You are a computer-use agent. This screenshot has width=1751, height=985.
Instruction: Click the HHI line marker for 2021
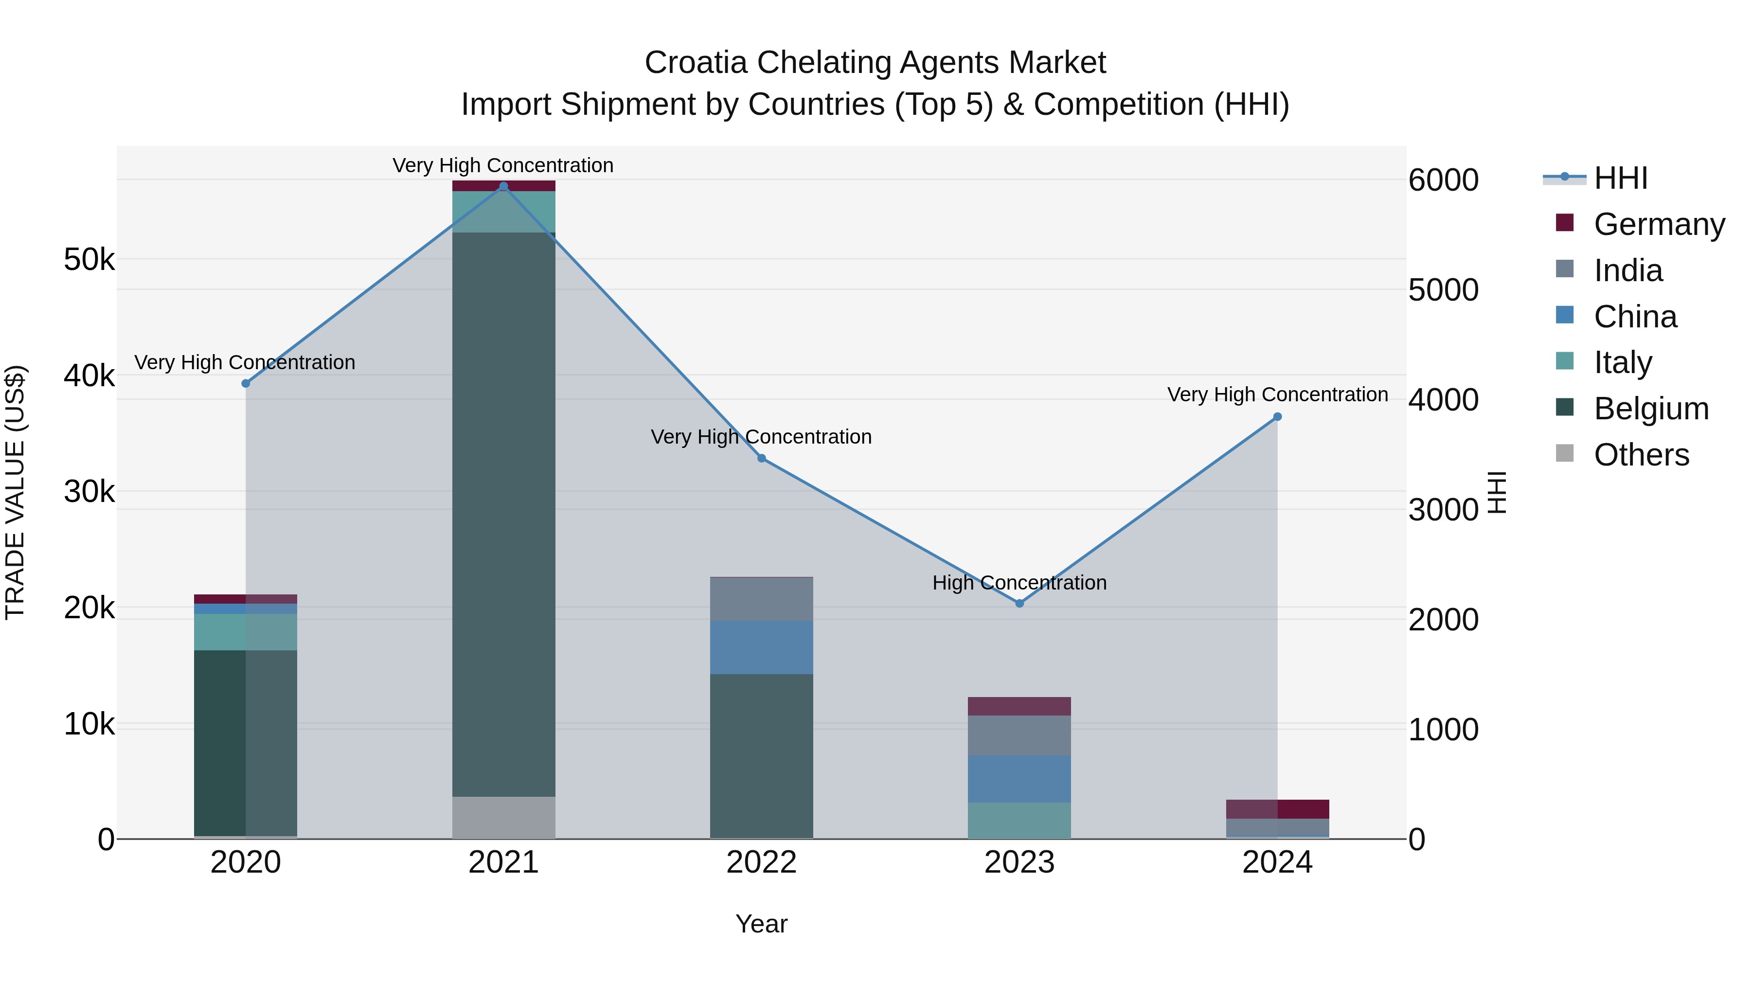[504, 186]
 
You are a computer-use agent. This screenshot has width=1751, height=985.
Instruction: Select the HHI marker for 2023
[1019, 603]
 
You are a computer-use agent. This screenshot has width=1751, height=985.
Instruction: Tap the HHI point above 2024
[1277, 417]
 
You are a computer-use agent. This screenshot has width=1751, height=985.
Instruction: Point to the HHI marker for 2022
[761, 458]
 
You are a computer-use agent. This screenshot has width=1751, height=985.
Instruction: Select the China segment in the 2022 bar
[761, 647]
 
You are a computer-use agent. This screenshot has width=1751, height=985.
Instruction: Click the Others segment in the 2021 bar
[504, 817]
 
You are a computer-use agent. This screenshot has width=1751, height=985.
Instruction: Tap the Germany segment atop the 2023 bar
[1019, 706]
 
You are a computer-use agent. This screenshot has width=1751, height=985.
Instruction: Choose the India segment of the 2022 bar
[761, 599]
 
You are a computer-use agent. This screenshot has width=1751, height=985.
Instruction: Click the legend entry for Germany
[1659, 224]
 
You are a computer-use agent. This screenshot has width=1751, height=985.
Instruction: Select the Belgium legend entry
[1650, 409]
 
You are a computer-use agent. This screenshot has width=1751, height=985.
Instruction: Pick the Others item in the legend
[1641, 455]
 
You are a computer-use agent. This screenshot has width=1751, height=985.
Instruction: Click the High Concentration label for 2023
[1019, 583]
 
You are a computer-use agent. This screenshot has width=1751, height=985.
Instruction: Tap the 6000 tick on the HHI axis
[1443, 180]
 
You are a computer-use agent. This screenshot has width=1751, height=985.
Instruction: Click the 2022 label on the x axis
[761, 862]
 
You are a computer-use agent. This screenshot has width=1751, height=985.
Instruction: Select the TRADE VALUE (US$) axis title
[16, 492]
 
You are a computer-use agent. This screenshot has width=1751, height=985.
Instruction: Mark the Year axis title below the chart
[761, 924]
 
